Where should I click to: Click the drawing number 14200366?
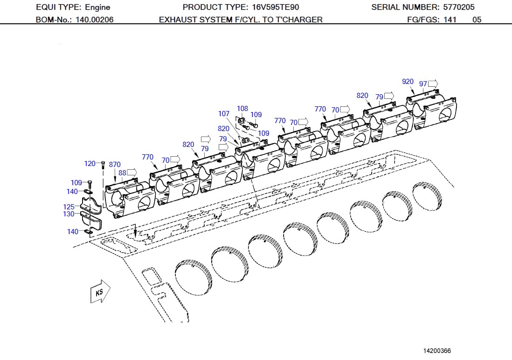coord(437,351)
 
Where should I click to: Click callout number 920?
coord(408,82)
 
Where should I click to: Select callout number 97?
coord(423,84)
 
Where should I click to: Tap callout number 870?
coord(115,165)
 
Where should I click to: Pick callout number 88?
coord(122,173)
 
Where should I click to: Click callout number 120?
coord(90,164)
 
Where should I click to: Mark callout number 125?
coord(69,207)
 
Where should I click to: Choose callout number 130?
coord(69,214)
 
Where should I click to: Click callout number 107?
coord(224,114)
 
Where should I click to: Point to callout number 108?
coord(242,109)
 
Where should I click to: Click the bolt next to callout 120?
coord(103,164)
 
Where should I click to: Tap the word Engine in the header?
coord(97,7)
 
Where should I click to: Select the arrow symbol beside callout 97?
coord(433,83)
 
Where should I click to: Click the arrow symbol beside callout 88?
coord(132,173)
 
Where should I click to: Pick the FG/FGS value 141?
coord(450,20)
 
